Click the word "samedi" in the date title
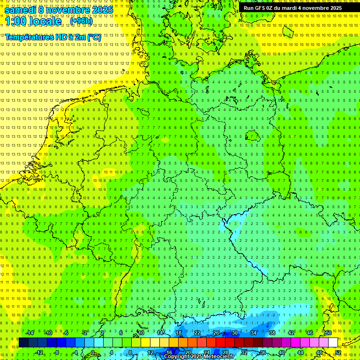pos(21,10)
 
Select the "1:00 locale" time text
pos(33,21)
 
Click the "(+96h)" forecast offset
pos(81,21)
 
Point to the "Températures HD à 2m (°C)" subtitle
pos(53,37)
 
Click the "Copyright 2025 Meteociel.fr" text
pos(199,357)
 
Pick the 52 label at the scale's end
pos(338,352)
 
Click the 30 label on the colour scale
pos(235,333)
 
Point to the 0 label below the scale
pos(93,352)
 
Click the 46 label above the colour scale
pos(310,333)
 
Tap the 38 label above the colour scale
pos(272,333)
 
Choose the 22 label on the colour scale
pos(197,333)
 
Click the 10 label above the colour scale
pos(141,333)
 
